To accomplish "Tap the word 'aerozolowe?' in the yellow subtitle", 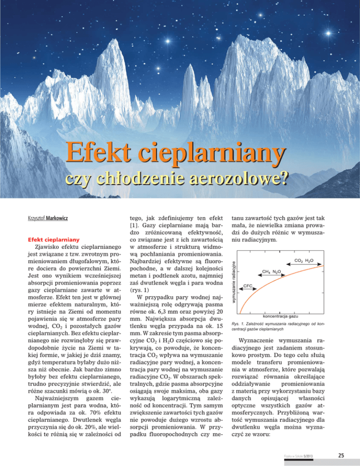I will click(x=240, y=179).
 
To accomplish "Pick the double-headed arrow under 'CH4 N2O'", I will click(x=271, y=278).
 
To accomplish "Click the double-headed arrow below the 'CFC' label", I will click(x=247, y=292).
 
